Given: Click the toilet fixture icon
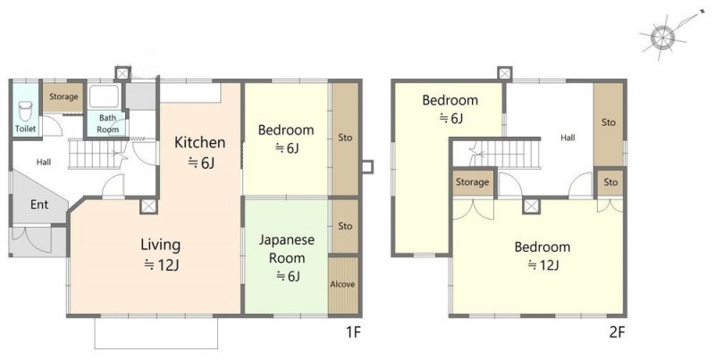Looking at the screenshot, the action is click(26, 111).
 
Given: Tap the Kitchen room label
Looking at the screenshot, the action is click(199, 142).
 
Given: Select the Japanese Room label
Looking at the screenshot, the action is click(287, 249).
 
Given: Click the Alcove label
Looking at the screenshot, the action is click(342, 284).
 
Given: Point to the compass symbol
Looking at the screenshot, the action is click(662, 37).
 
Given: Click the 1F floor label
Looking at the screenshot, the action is click(353, 332).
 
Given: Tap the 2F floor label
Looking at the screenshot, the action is click(616, 332).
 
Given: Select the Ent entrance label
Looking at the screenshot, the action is click(39, 205).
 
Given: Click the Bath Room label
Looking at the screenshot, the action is click(107, 123).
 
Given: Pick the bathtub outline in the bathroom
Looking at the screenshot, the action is click(105, 96).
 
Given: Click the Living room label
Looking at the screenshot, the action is click(161, 245).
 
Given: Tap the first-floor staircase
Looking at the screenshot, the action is click(97, 155).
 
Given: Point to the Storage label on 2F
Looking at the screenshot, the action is click(473, 182).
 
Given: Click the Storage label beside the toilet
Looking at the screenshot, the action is click(63, 96).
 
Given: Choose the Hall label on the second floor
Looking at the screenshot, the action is click(568, 138).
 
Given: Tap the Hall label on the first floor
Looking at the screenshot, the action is click(44, 162).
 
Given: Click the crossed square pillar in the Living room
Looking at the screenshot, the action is click(148, 206).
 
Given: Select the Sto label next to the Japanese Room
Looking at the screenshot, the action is click(345, 226).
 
